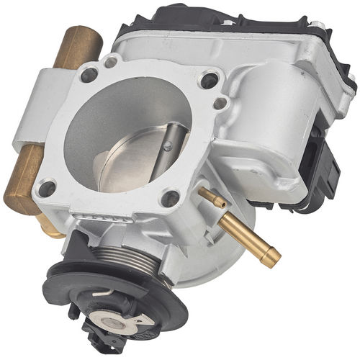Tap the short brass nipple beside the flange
pyautogui.click(x=208, y=197)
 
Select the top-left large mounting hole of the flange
pyautogui.click(x=90, y=73)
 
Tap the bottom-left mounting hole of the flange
pyautogui.click(x=48, y=189)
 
